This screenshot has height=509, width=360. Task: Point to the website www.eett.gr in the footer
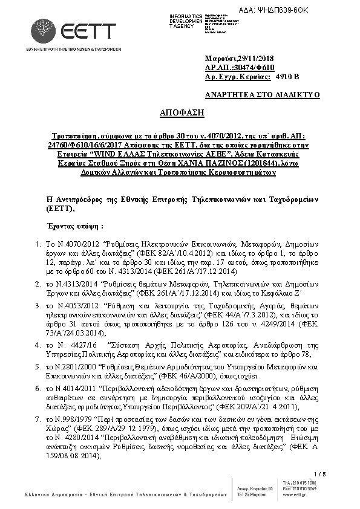click(300, 494)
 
